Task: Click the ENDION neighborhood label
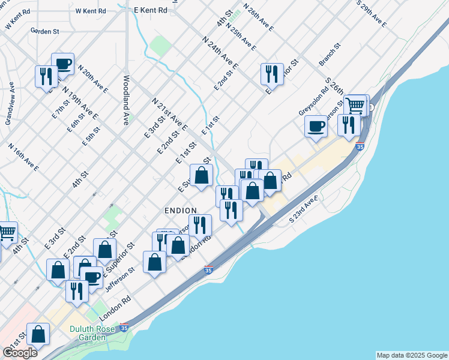coord(180,211)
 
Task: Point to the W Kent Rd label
coord(91,11)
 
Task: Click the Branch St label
coord(330,54)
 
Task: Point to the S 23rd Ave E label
coord(303,211)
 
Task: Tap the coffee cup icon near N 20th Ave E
coord(62,64)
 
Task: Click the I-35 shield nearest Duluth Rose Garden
coord(124,328)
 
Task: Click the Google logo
coord(20,353)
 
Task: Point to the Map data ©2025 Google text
coord(412,355)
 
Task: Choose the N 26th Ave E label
coord(259,17)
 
